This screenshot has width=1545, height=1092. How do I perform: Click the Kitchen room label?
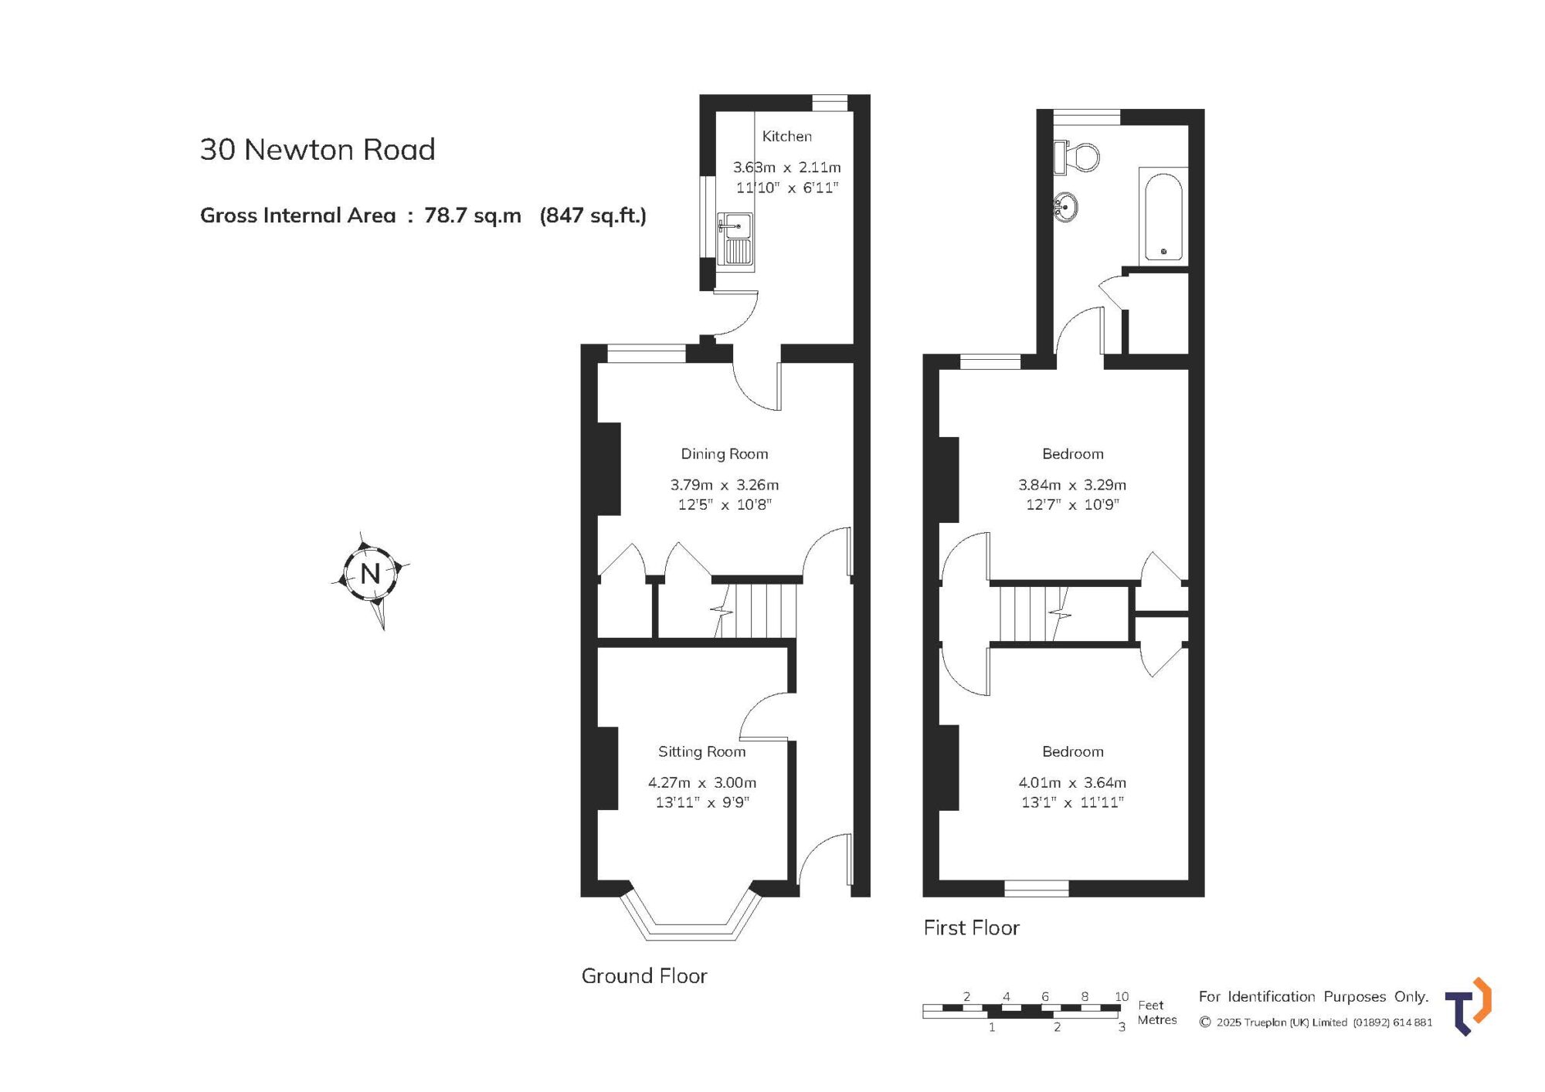click(x=786, y=137)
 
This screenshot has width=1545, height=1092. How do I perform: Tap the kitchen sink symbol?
click(x=735, y=239)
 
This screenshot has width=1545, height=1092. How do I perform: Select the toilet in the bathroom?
click(x=1076, y=158)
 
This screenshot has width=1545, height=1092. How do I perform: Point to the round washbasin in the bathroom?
click(x=1066, y=207)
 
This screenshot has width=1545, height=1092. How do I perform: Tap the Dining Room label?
click(x=725, y=454)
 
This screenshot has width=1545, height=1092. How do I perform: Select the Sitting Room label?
click(x=702, y=751)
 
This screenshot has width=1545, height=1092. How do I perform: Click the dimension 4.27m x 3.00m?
click(x=702, y=782)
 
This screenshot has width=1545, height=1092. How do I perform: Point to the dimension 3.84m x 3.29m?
click(x=1072, y=485)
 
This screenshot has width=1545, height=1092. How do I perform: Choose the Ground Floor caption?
click(x=644, y=976)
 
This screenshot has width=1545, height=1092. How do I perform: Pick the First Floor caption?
click(x=972, y=928)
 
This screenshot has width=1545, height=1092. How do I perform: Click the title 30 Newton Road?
click(x=317, y=150)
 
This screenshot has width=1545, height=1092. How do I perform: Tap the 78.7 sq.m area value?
click(x=473, y=215)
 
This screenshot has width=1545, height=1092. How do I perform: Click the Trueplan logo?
click(x=1468, y=1006)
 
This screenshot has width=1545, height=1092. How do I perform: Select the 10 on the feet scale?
click(x=1122, y=996)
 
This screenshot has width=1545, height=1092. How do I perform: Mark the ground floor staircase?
click(x=756, y=610)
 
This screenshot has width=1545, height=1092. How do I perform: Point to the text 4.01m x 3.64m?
click(x=1072, y=782)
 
